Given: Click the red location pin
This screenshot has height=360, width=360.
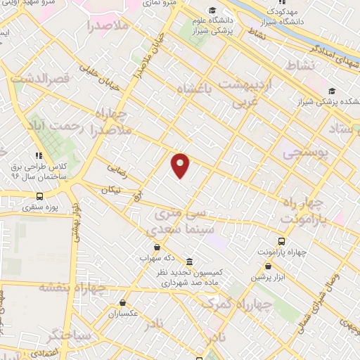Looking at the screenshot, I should [x=181, y=165].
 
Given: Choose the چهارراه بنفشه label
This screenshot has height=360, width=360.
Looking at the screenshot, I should [x=71, y=286].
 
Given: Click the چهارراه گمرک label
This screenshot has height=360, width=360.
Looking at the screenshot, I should [x=227, y=303].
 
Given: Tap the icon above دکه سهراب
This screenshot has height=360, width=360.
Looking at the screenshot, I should [x=156, y=247].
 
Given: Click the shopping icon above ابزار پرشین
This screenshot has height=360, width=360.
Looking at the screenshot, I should [x=269, y=266].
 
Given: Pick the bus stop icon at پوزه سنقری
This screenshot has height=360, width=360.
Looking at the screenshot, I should [x=39, y=196].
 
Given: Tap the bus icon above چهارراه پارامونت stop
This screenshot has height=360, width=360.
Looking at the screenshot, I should [x=281, y=240].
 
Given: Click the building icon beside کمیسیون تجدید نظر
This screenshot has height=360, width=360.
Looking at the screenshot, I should [x=190, y=262].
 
